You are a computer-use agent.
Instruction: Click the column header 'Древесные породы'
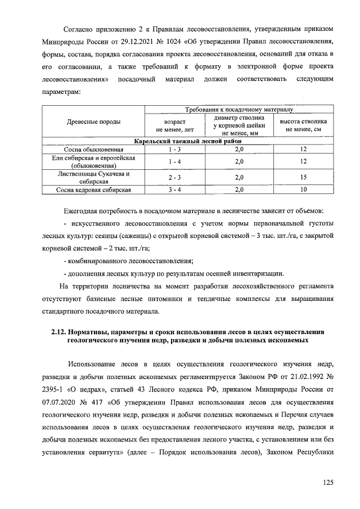[93, 121]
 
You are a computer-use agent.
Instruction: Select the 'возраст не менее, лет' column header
[170, 125]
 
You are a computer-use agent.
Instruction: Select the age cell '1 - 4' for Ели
[170, 161]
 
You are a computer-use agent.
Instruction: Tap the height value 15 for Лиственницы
[303, 177]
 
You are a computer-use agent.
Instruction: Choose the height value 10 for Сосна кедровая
[303, 190]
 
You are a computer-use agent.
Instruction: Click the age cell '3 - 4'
[170, 190]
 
